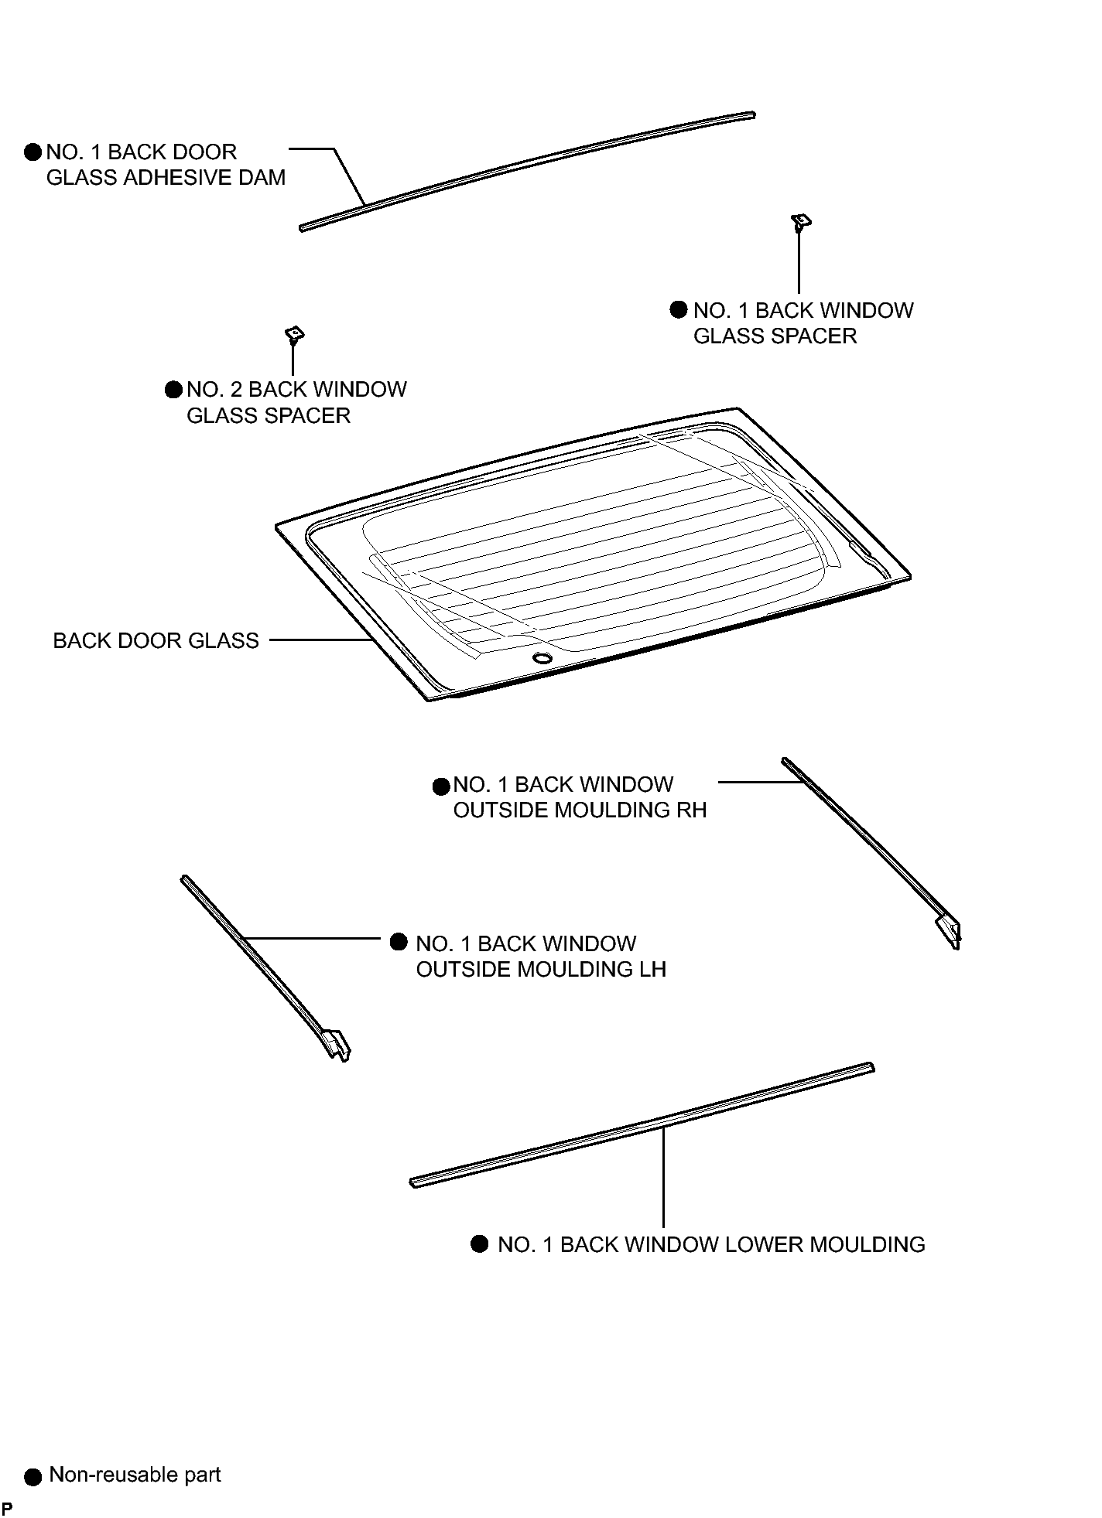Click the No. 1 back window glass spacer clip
point(801,222)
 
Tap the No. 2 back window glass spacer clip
point(294,334)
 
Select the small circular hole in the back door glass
point(541,657)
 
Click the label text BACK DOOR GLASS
point(156,640)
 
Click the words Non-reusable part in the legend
point(135,1474)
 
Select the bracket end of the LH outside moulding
point(337,1044)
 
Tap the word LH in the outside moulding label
point(652,970)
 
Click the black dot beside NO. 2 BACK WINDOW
point(173,389)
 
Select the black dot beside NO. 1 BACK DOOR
point(33,152)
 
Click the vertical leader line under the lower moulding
point(663,1176)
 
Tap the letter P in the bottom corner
point(6,1509)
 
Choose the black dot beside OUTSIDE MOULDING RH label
point(441,786)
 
